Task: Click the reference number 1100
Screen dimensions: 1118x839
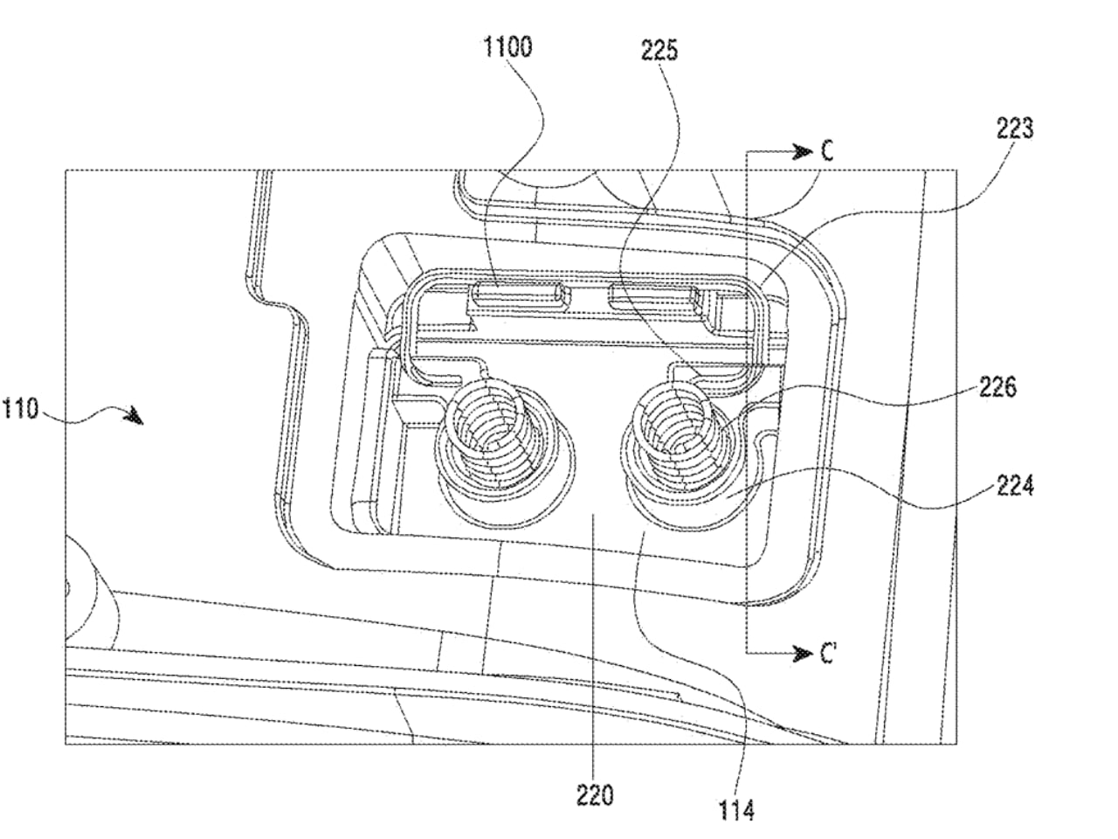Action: click(x=507, y=47)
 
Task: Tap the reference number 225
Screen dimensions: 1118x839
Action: click(x=659, y=51)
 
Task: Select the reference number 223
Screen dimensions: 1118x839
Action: click(x=1015, y=128)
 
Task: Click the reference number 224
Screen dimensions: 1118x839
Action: click(x=1015, y=485)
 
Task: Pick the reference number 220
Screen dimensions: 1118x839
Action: click(x=595, y=794)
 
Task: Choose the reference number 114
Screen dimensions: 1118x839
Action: click(x=735, y=809)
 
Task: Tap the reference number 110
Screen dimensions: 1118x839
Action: click(x=20, y=408)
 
